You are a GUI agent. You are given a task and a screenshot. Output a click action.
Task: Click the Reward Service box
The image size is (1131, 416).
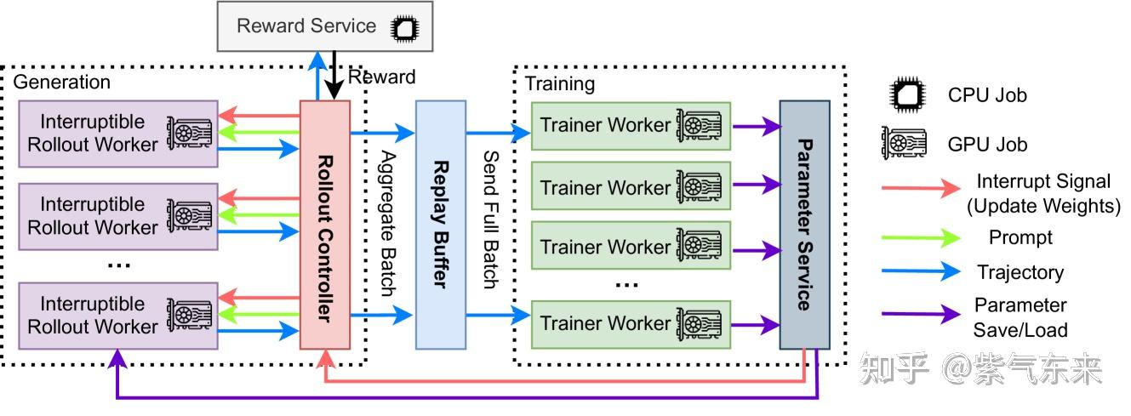324,26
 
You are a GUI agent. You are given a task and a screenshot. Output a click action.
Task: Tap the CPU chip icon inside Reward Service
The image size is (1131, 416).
404,28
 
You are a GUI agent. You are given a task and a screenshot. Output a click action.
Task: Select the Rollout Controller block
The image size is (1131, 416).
325,225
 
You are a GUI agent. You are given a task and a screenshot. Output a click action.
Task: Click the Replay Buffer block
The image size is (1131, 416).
441,225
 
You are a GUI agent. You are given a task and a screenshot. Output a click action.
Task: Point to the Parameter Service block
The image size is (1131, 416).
805,225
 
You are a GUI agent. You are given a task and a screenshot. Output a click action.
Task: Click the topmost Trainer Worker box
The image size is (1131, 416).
631,126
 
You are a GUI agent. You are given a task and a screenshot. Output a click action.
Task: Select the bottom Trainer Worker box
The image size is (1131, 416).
631,325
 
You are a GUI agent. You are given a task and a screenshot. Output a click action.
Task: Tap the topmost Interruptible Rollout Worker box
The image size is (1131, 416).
118,134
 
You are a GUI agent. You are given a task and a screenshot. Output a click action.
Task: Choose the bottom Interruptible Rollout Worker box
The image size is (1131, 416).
118,316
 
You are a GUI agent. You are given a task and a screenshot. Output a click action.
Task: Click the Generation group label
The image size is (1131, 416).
61,82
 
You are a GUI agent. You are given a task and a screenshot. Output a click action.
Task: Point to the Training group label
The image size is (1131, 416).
560,84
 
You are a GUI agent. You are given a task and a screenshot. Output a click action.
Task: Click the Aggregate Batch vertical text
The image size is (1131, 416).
388,223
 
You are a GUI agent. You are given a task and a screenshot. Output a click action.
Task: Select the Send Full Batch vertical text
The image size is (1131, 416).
491,219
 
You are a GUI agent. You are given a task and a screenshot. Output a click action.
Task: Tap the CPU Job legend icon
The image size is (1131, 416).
907,94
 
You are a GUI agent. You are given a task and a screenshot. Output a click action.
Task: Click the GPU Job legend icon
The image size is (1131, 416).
904,143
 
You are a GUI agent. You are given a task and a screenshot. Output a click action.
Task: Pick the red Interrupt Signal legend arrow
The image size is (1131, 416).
921,188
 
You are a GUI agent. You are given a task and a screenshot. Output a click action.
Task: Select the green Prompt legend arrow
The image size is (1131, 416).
921,237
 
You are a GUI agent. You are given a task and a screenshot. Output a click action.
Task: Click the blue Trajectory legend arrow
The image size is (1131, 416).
921,271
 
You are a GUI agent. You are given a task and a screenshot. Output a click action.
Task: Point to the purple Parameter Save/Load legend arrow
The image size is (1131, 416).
921,314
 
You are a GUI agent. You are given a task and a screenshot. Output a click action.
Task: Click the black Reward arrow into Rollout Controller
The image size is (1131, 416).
334,75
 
